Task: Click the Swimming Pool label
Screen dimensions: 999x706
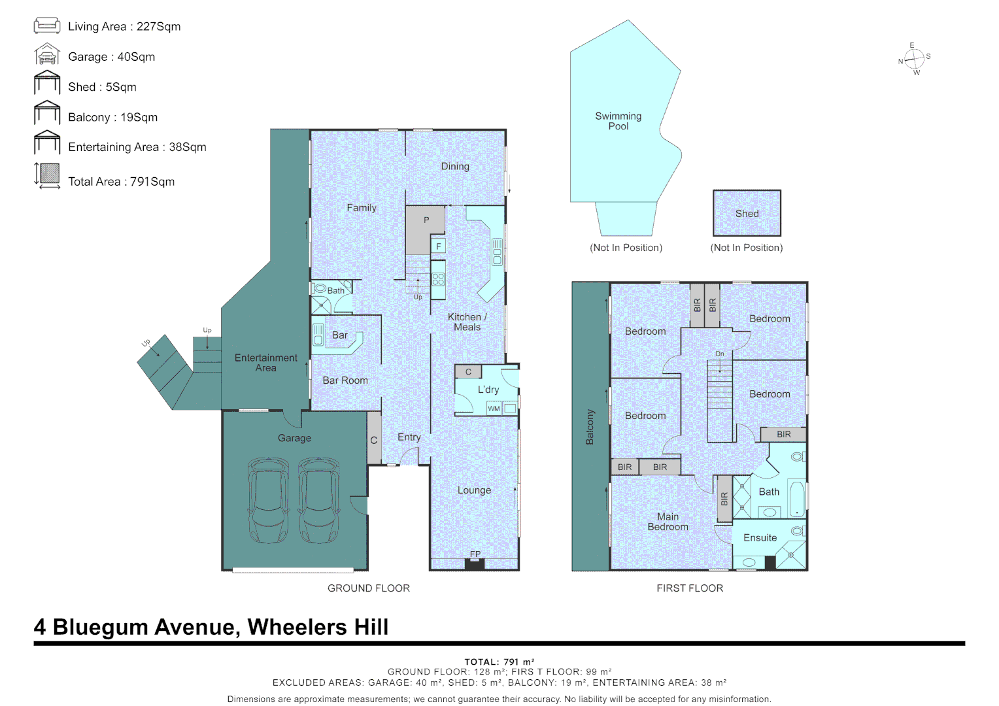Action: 618,121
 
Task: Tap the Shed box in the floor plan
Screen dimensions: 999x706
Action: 747,213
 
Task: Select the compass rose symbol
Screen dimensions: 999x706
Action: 914,59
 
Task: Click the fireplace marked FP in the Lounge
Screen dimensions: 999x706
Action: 475,563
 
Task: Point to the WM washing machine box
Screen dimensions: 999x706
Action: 494,408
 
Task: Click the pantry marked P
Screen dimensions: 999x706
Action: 425,229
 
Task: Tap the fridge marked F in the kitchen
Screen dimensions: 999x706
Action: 439,246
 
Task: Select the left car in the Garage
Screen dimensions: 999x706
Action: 269,500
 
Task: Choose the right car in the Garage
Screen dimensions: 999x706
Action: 318,500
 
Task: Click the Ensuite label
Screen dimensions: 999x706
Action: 760,538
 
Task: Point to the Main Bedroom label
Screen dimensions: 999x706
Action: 668,522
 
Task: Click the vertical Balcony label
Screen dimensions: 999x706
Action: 590,427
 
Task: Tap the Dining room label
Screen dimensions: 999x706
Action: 455,166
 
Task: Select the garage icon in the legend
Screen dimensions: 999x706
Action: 47,54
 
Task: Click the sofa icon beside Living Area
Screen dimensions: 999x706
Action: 47,25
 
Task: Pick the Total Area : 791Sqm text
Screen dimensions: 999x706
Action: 122,182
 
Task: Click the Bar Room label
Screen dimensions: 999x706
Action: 345,380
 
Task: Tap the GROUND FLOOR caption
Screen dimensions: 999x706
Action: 368,588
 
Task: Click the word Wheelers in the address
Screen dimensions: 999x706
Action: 297,627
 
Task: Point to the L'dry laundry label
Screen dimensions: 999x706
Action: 488,390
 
